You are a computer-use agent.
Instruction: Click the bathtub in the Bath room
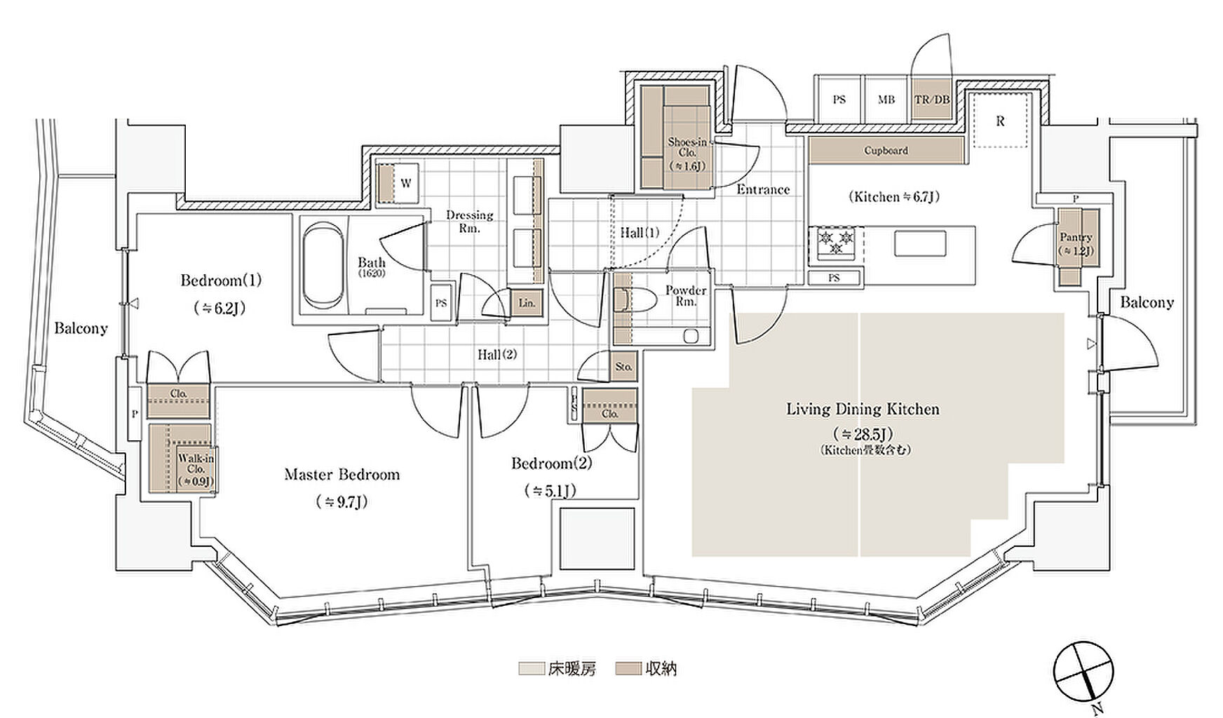[325, 269]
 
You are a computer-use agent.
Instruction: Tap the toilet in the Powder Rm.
[634, 301]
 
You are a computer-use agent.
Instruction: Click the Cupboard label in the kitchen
[886, 150]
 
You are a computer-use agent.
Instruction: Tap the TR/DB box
[931, 100]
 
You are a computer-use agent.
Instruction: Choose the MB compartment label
[886, 100]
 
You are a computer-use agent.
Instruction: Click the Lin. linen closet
[527, 303]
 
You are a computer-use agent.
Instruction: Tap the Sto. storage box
[623, 367]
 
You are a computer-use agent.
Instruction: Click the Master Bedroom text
[342, 475]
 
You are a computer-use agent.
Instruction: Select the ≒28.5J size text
[863, 434]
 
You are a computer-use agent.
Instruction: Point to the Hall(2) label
[497, 355]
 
